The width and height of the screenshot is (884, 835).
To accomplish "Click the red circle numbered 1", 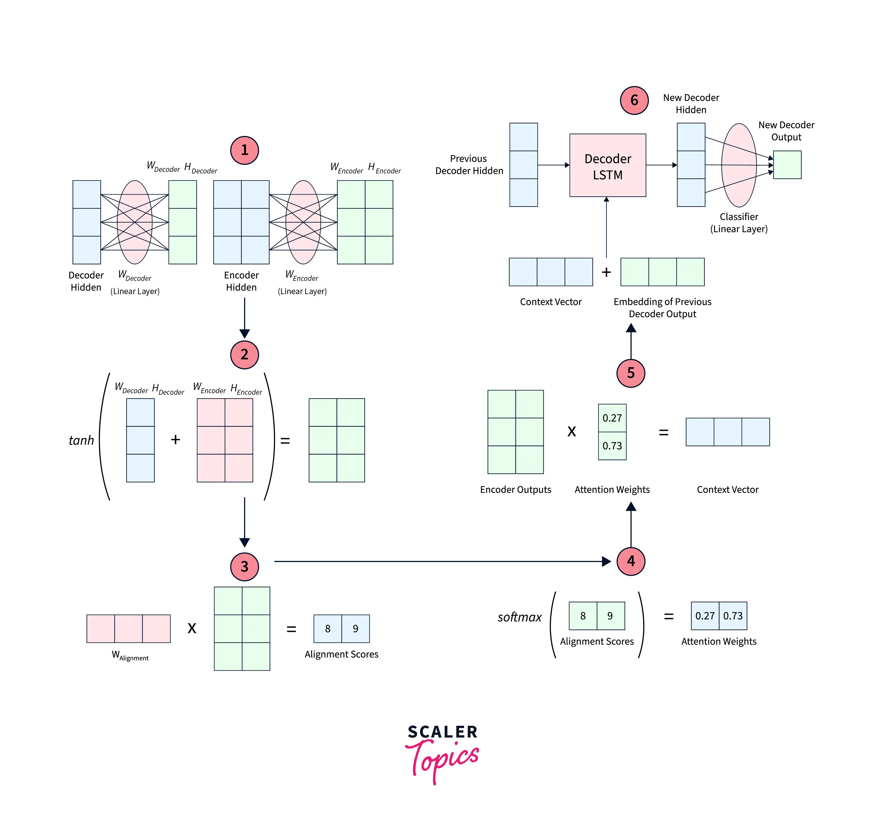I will point(244,151).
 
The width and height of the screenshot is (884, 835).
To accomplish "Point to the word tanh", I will point(81,440).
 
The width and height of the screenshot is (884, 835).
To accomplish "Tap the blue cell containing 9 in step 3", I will point(355,629).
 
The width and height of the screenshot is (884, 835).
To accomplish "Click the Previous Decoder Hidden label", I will point(469,165).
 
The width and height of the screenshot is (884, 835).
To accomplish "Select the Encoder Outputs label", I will point(515,490).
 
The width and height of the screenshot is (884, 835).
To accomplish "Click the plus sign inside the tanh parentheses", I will point(175,440).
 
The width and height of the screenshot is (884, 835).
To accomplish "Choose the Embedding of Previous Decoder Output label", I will point(662,308).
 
